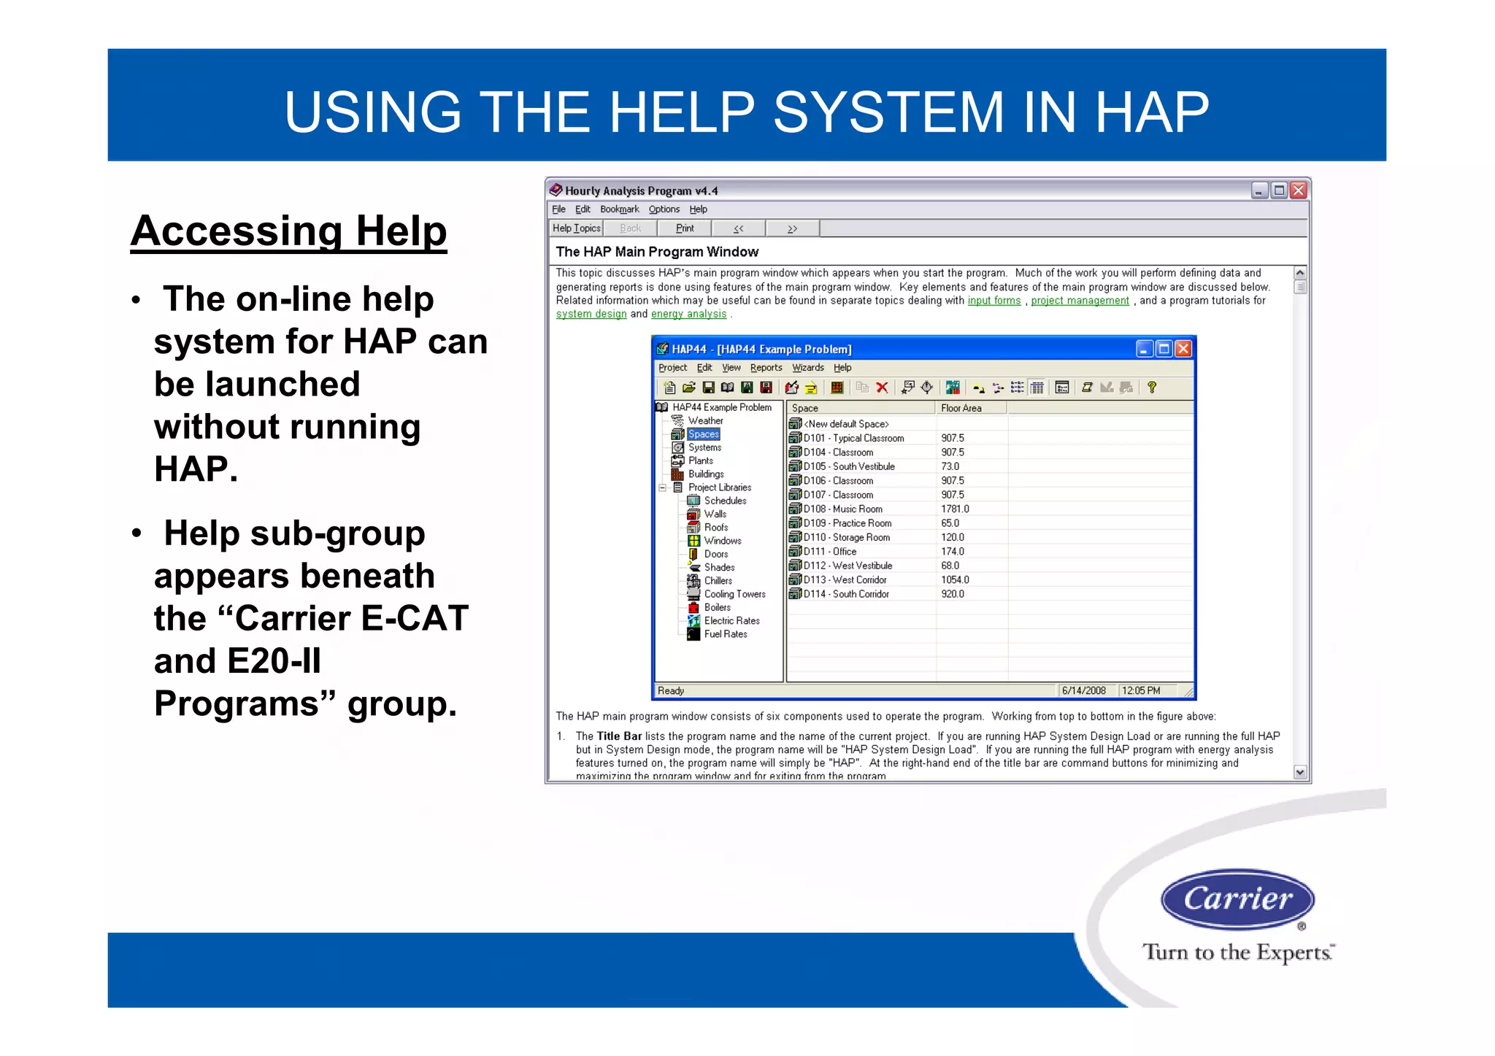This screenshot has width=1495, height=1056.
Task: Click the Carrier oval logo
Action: click(1237, 898)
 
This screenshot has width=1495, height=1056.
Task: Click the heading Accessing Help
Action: click(288, 231)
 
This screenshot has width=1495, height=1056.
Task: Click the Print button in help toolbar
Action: click(684, 228)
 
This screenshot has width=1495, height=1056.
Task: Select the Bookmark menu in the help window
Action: click(619, 209)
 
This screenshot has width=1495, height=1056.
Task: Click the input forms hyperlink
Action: click(994, 301)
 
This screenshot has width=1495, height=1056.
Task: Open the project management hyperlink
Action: click(1079, 301)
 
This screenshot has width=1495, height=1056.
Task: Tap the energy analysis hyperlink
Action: click(688, 314)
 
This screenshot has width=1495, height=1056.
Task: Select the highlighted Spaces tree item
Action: click(703, 434)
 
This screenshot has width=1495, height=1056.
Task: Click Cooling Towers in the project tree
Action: click(734, 594)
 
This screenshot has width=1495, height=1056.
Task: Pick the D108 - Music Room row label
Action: click(842, 509)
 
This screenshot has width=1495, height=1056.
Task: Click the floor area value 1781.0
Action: click(955, 509)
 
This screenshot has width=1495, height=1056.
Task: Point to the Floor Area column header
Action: click(961, 409)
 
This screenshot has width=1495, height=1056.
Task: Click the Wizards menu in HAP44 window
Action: click(807, 368)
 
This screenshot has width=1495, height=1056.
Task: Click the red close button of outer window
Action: click(1298, 190)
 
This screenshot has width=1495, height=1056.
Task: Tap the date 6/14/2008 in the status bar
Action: click(1083, 690)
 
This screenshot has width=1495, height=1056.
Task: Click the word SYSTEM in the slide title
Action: click(888, 112)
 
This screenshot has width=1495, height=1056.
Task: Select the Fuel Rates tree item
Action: click(725, 634)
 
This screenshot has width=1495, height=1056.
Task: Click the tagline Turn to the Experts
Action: click(1237, 952)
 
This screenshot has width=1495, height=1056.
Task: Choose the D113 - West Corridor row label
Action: click(845, 580)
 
